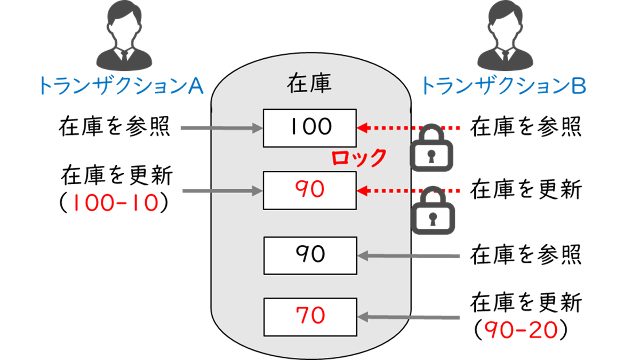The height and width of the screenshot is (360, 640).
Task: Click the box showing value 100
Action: click(309, 127)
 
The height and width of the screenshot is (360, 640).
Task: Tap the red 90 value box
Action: click(309, 190)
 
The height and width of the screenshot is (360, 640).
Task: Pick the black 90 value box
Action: click(309, 255)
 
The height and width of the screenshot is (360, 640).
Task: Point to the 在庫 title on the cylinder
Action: click(309, 84)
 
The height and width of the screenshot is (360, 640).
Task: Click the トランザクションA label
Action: click(122, 85)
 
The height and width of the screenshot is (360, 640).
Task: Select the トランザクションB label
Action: click(504, 85)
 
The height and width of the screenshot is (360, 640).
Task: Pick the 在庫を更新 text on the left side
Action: click(117, 175)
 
